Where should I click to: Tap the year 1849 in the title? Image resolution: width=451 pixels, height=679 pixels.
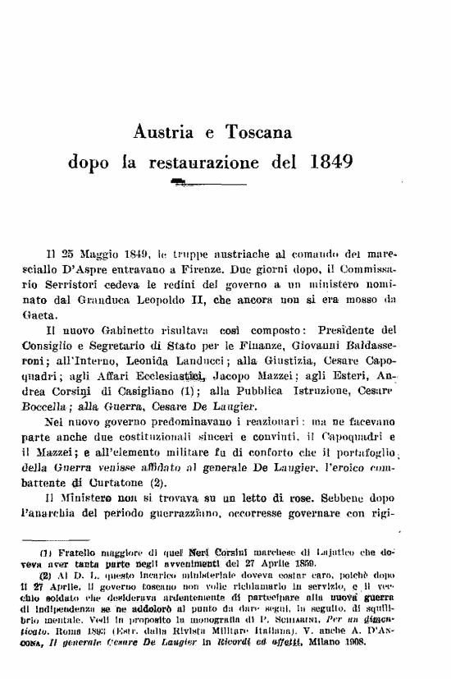click(x=334, y=161)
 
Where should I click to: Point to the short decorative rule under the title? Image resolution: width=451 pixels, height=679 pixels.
click(x=185, y=180)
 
